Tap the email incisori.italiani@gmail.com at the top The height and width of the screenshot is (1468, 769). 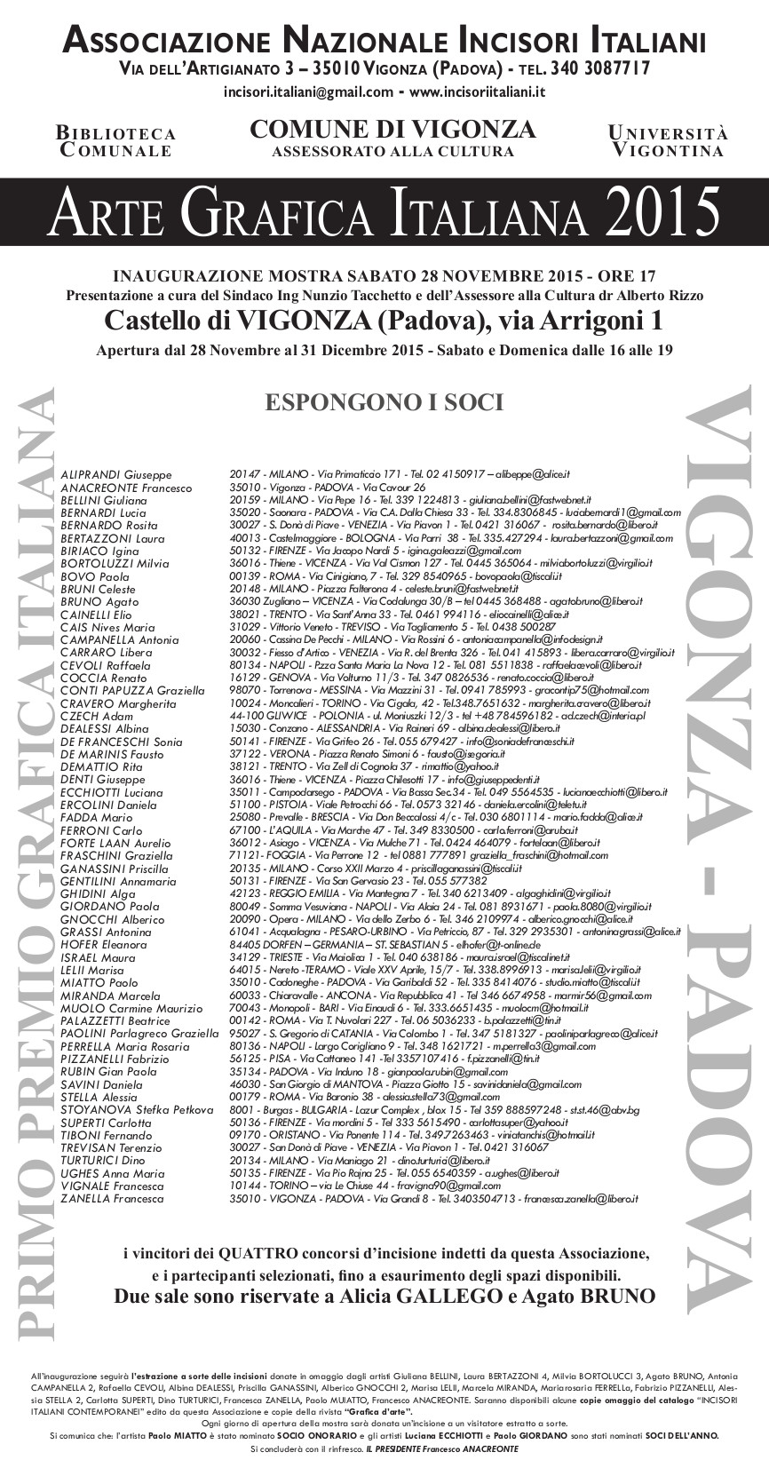click(308, 91)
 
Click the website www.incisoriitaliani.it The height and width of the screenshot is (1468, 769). click(478, 91)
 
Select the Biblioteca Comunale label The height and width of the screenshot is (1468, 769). click(115, 142)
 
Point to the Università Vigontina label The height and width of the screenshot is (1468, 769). click(668, 142)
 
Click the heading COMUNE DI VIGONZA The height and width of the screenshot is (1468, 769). click(392, 130)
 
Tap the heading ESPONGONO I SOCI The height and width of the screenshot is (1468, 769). click(384, 402)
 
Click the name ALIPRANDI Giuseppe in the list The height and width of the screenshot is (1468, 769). click(116, 475)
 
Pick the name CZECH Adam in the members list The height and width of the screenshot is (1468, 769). click(97, 716)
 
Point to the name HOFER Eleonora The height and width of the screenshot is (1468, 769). click(104, 945)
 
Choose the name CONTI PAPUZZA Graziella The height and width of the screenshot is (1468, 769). click(132, 690)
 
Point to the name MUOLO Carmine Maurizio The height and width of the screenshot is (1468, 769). click(131, 1008)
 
